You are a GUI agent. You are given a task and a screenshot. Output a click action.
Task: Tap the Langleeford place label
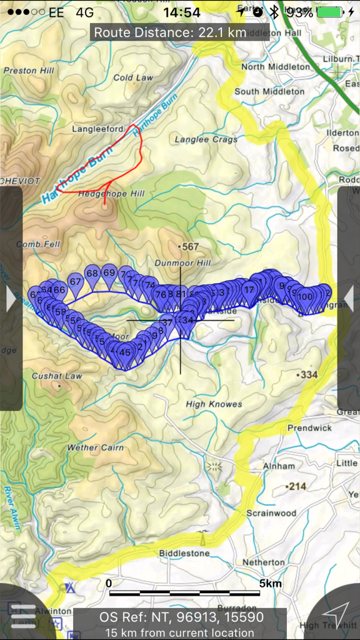click(98, 129)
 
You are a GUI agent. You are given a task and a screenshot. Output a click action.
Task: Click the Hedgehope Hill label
click(111, 194)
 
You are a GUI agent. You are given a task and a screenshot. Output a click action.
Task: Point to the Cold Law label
click(133, 78)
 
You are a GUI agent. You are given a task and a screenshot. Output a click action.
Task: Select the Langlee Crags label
click(206, 139)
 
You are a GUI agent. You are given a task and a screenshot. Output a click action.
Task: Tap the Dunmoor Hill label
click(183, 263)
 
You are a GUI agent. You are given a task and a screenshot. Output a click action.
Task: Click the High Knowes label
click(214, 404)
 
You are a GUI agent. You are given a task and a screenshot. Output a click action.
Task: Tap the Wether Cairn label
click(95, 447)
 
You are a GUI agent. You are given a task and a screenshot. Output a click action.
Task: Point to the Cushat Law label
click(57, 376)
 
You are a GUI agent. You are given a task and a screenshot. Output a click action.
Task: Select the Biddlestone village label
click(184, 553)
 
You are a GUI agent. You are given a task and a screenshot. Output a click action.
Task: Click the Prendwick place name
click(309, 428)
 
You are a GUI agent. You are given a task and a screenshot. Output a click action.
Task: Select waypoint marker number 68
click(92, 274)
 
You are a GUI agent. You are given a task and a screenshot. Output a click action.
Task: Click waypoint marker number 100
click(305, 297)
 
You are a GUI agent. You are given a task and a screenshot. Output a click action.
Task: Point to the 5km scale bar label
click(269, 584)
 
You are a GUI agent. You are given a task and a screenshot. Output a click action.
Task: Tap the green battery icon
click(329, 12)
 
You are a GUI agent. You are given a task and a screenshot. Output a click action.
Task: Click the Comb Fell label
click(38, 244)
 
